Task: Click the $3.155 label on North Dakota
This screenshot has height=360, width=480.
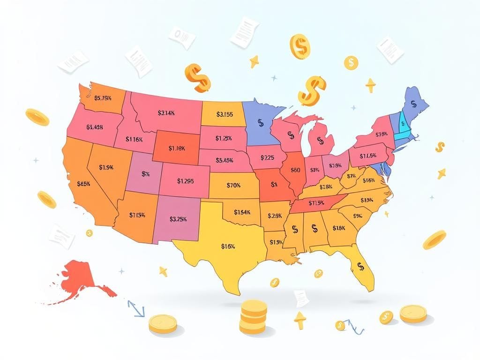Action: tap(225, 114)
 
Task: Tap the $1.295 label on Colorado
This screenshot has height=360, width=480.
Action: tap(186, 180)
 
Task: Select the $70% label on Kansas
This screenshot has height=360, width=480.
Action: tap(233, 185)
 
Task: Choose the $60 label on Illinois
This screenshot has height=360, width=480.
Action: tap(296, 170)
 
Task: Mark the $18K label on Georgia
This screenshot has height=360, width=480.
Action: tap(338, 228)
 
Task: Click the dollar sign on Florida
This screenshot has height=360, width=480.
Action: tap(360, 266)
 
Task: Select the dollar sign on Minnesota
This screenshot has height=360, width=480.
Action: tap(261, 123)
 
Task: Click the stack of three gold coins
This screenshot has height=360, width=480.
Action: tap(253, 317)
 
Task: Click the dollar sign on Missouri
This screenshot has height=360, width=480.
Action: tap(274, 184)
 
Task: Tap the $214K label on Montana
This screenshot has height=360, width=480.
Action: tap(166, 113)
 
